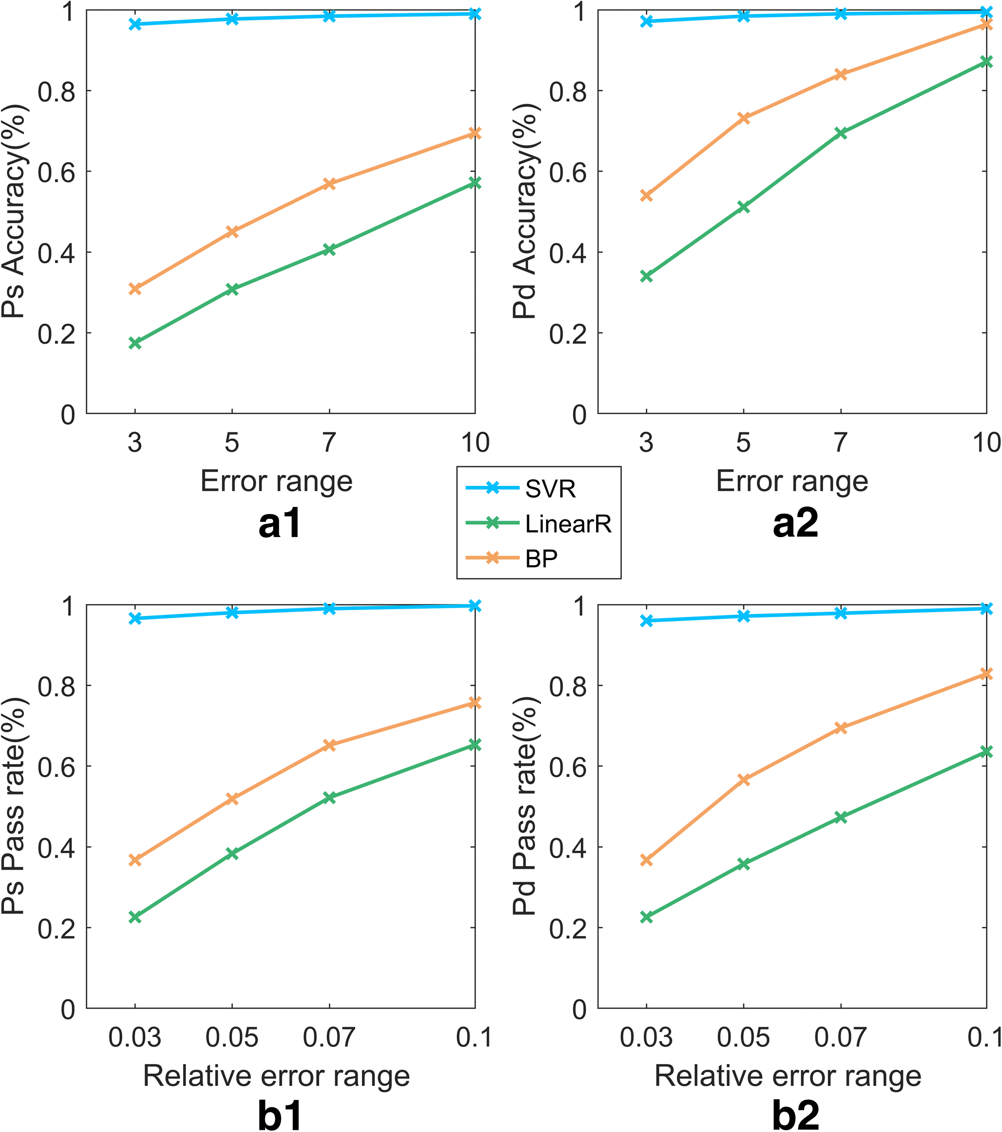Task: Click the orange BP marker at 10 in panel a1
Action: click(x=474, y=134)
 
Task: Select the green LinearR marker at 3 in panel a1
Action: click(x=135, y=343)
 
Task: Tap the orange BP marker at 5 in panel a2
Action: click(x=744, y=118)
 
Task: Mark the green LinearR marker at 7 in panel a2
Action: click(x=840, y=133)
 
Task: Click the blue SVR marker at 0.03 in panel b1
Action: click(x=135, y=618)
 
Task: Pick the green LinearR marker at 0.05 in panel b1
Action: click(x=232, y=853)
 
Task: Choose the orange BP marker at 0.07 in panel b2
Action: click(x=840, y=728)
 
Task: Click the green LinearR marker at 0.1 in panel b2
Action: click(x=986, y=751)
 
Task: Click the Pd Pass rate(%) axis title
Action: click(x=525, y=806)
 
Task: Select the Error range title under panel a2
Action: click(x=792, y=481)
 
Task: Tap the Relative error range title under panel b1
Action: click(x=276, y=1076)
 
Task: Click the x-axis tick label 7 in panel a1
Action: click(x=329, y=443)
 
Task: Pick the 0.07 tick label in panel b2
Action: click(x=840, y=1037)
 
